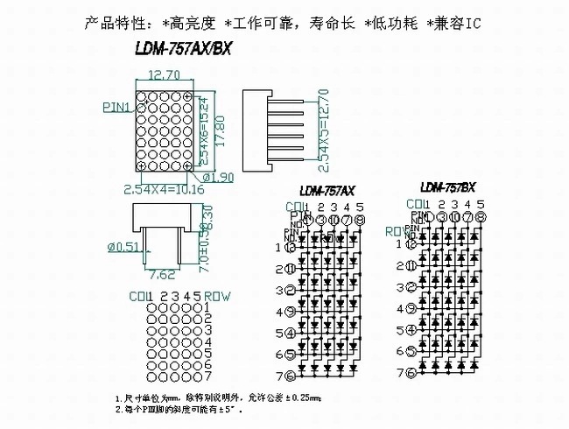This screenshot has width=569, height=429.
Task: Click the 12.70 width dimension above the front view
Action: tap(165, 75)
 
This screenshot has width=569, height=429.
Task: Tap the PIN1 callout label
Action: tap(117, 108)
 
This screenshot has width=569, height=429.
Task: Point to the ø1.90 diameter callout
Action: tap(218, 177)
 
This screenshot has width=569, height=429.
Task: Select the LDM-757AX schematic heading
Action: tap(327, 190)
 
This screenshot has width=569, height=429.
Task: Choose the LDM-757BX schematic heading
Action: tap(447, 186)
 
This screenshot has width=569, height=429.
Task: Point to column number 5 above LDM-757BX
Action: tap(481, 205)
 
